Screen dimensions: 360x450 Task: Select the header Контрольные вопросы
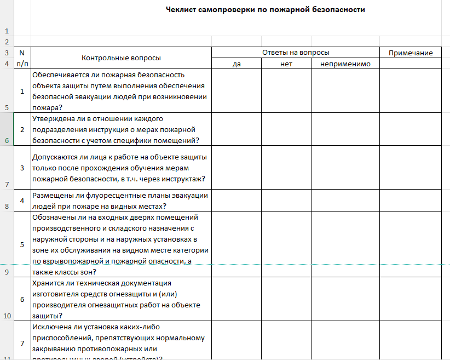(x=121, y=58)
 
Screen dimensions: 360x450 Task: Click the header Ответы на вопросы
(x=296, y=53)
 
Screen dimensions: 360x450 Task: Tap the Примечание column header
(x=411, y=53)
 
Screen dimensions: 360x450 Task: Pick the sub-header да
(x=236, y=64)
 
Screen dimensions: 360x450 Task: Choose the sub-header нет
(x=286, y=64)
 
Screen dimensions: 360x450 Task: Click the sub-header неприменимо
(x=345, y=64)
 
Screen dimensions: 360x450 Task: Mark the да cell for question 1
(x=236, y=90)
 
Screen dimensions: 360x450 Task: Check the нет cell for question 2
(x=286, y=129)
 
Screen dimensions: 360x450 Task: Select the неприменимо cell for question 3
(x=345, y=167)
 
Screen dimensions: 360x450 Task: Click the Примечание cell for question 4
(x=411, y=201)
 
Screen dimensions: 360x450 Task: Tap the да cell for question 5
(x=236, y=244)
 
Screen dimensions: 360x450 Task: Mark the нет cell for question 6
(x=286, y=299)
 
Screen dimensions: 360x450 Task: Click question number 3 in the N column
(x=22, y=168)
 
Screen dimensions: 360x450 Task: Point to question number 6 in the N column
(x=22, y=300)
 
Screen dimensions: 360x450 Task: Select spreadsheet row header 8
(x=7, y=206)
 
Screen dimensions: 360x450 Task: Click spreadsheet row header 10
(x=7, y=316)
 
